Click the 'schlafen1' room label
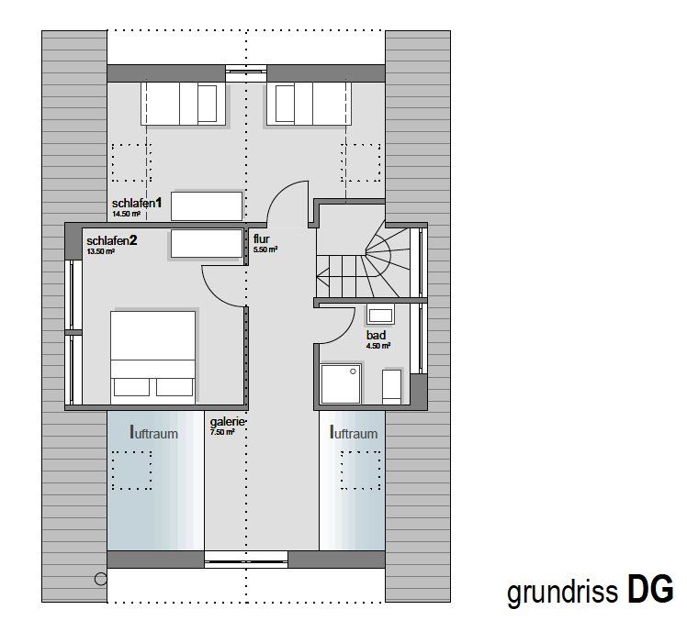[137, 203]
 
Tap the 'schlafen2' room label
[112, 240]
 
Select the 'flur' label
[262, 239]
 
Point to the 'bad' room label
[377, 335]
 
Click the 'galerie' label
[227, 422]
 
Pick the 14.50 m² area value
[126, 215]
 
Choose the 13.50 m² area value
[101, 251]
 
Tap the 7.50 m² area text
[222, 432]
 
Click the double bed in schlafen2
[152, 358]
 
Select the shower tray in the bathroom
[341, 383]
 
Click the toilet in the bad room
[391, 387]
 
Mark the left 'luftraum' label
[153, 432]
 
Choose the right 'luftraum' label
[354, 432]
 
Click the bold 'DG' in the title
[650, 589]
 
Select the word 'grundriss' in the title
[563, 593]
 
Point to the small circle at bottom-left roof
[101, 579]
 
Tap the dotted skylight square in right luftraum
[361, 470]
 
